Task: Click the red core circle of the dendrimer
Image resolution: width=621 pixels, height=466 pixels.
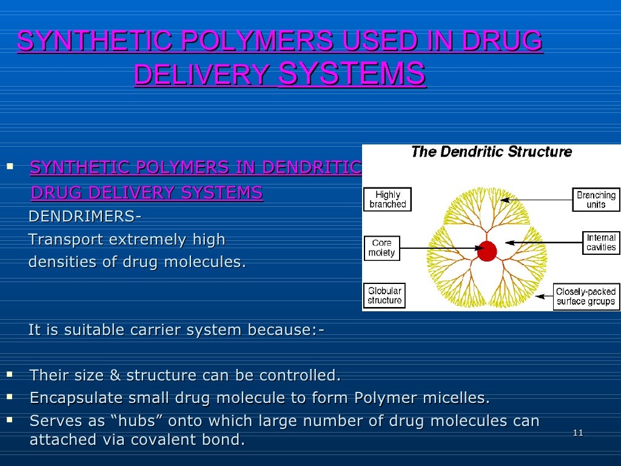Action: pos(486,251)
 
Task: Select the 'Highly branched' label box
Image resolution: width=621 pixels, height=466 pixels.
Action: pos(388,200)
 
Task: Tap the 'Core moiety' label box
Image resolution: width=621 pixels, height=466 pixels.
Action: pos(381,248)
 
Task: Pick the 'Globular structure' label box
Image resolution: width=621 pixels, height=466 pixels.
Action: pos(384,295)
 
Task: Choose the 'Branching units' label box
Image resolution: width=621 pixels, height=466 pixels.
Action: pos(596,200)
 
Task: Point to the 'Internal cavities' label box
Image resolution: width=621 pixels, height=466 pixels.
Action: pos(601,243)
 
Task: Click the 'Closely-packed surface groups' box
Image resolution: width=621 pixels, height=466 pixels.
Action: pos(586,296)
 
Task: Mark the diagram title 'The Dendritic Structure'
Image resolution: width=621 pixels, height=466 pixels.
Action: pos(491,152)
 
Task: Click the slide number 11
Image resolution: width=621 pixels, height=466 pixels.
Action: pos(577,433)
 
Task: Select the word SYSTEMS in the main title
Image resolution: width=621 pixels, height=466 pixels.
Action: pos(351,74)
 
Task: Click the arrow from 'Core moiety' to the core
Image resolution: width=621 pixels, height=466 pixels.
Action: pos(437,248)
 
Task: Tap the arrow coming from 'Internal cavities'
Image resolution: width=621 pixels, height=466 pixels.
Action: pos(543,243)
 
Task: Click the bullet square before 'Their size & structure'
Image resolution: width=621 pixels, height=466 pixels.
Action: pos(10,374)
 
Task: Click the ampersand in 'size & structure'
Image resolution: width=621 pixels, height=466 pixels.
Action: pos(116,376)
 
